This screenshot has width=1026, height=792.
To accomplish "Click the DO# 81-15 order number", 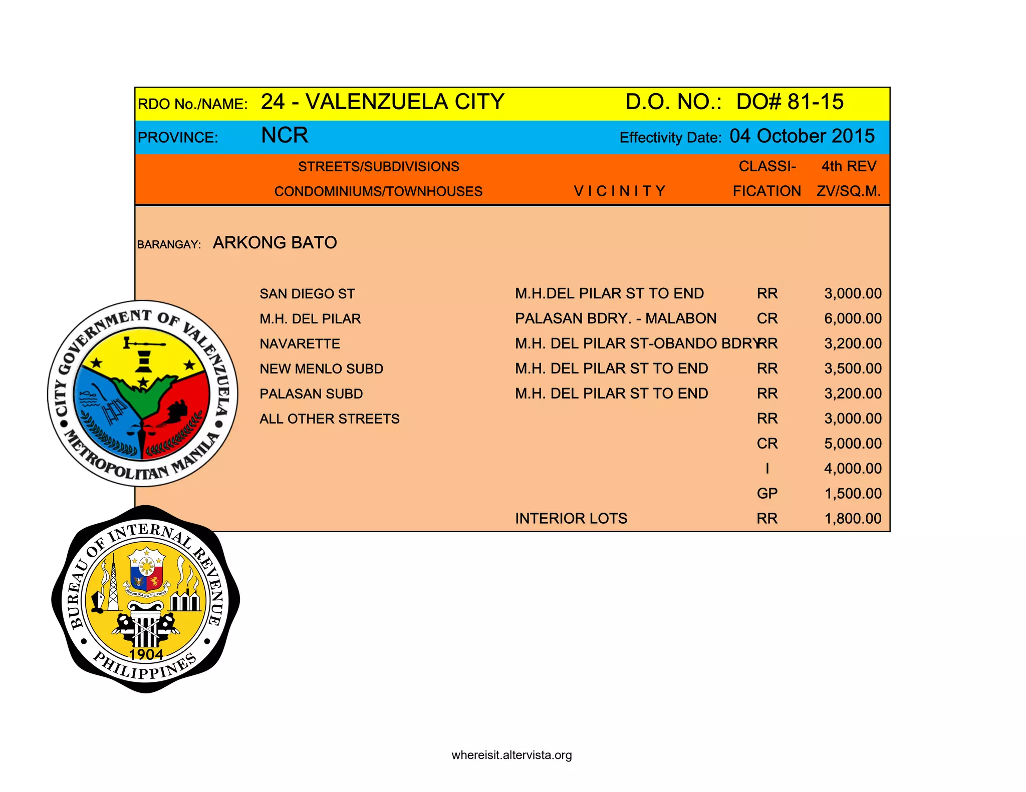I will [790, 102].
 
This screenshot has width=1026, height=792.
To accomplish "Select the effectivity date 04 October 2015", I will [802, 136].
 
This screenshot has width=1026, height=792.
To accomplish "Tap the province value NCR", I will [285, 136].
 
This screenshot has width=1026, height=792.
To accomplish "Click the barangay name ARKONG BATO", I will [275, 243].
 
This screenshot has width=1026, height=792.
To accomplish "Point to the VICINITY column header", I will [619, 191].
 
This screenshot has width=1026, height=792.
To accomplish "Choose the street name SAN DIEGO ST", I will [307, 294].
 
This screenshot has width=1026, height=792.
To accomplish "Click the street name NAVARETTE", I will [300, 344].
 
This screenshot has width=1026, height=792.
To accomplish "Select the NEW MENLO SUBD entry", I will [321, 369].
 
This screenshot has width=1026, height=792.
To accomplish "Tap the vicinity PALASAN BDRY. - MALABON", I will [616, 318].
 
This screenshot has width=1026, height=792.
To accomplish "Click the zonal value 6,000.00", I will [853, 318].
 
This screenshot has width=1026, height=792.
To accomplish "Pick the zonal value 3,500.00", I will [853, 368].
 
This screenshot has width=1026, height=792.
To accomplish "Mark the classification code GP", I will [767, 494].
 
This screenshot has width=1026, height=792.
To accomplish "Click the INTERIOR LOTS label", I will [571, 519].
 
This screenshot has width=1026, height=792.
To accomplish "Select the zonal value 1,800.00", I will [853, 519].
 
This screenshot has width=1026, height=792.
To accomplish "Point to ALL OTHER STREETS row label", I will [329, 419].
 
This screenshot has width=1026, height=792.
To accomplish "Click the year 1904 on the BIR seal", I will [146, 654].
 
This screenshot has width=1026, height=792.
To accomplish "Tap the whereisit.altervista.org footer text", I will [511, 755].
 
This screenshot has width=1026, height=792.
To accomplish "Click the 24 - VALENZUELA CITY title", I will [382, 102].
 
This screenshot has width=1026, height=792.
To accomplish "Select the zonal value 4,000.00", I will [853, 469].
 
